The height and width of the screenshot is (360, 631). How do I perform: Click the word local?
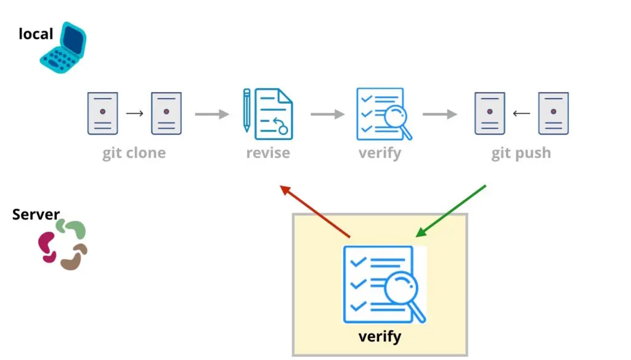click(x=36, y=34)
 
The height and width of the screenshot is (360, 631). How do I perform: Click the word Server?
click(x=36, y=215)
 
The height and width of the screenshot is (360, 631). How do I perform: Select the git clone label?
click(x=134, y=153)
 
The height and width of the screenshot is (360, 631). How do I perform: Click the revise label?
click(x=268, y=153)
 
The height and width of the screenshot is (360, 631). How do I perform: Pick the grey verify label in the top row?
click(x=380, y=153)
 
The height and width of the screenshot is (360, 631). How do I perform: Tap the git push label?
click(x=521, y=153)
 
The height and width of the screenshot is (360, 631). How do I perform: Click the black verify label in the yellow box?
click(x=380, y=337)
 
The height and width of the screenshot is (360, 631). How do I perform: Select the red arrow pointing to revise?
click(x=315, y=211)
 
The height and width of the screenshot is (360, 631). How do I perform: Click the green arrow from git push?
click(x=452, y=210)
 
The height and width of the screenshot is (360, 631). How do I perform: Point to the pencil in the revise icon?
click(x=246, y=110)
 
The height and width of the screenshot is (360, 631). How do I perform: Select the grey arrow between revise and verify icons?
click(x=327, y=114)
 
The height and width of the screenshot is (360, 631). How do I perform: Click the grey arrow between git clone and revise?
click(x=212, y=114)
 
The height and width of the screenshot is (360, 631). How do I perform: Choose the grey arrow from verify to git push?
click(x=439, y=114)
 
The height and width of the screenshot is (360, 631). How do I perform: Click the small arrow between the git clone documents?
click(x=134, y=113)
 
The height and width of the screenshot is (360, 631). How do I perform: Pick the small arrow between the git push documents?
click(x=521, y=113)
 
